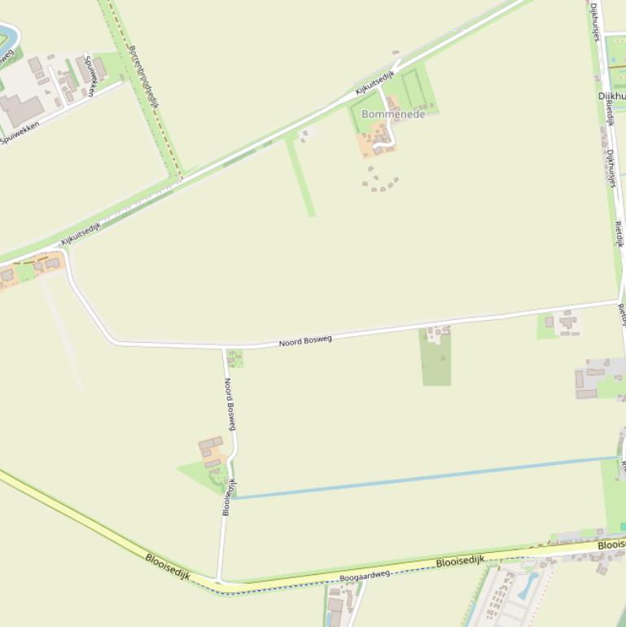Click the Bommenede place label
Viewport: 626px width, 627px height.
point(393,115)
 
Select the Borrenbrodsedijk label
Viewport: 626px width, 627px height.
point(142,76)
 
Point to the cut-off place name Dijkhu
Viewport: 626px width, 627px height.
point(611,96)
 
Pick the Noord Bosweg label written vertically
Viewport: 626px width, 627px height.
point(232,404)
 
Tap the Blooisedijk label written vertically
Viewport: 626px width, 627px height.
point(229,497)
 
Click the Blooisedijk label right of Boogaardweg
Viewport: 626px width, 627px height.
point(460,561)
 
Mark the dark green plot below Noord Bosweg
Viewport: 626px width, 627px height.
point(436,358)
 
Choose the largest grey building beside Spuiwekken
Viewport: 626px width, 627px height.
point(20,109)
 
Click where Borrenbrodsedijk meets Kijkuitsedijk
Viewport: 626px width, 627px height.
point(180,177)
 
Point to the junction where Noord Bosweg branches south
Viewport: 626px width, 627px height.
point(224,347)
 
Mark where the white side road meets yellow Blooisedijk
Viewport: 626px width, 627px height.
point(219,581)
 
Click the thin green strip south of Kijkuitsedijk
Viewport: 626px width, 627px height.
point(300,176)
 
